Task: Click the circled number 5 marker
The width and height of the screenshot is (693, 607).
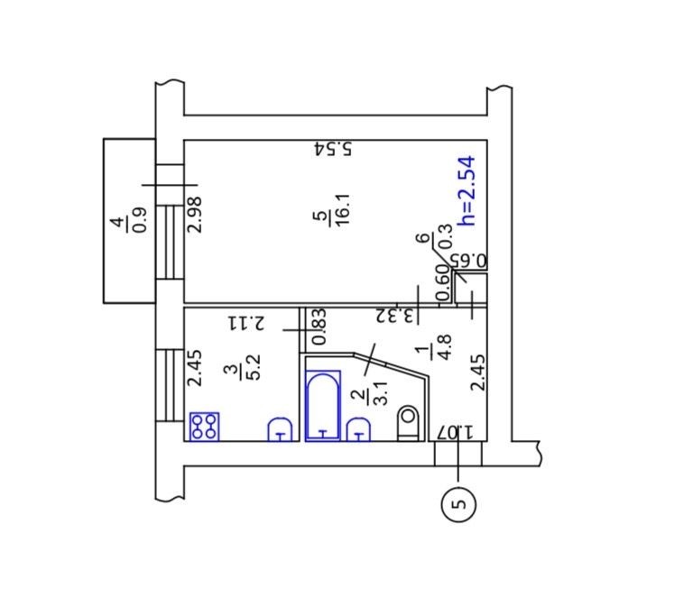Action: coord(458,504)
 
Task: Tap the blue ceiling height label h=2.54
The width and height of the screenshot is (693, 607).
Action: coord(467,190)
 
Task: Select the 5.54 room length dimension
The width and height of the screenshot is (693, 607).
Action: coord(333,149)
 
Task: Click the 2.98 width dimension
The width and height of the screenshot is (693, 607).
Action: coord(195,215)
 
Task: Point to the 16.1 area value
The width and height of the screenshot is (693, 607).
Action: coord(343,209)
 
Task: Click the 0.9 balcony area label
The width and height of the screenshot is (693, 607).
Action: coord(140,219)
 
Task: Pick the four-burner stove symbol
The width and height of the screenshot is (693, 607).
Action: coord(204,427)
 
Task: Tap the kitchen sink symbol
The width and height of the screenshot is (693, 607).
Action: coord(281,429)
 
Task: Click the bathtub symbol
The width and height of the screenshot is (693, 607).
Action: coord(323,406)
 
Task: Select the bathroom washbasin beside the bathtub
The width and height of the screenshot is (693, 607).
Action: coord(358,429)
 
